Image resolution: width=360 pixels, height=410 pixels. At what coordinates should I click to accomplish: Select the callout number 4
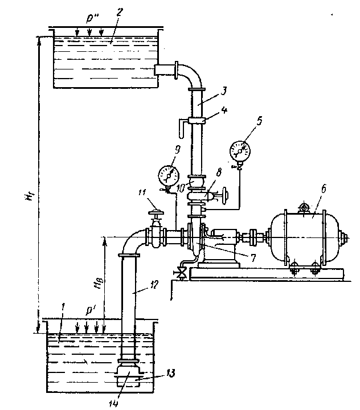click(x=224, y=110)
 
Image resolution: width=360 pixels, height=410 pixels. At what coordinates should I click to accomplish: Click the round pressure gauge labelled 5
click(x=240, y=151)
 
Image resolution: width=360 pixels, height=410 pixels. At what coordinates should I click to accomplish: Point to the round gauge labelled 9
click(x=169, y=176)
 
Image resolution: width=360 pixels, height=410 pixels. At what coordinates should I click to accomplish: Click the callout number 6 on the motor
click(x=324, y=189)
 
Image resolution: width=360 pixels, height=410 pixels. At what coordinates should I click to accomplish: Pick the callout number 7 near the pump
click(x=253, y=257)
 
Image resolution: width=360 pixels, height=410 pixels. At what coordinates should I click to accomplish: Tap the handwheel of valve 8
click(x=224, y=195)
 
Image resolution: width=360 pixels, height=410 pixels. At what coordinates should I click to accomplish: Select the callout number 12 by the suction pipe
click(x=153, y=285)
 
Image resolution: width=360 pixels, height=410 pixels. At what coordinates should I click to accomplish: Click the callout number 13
click(x=170, y=373)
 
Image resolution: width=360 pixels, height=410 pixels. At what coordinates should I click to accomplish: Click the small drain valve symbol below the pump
click(x=180, y=274)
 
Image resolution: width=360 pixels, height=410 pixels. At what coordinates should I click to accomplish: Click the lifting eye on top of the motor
click(x=304, y=208)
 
